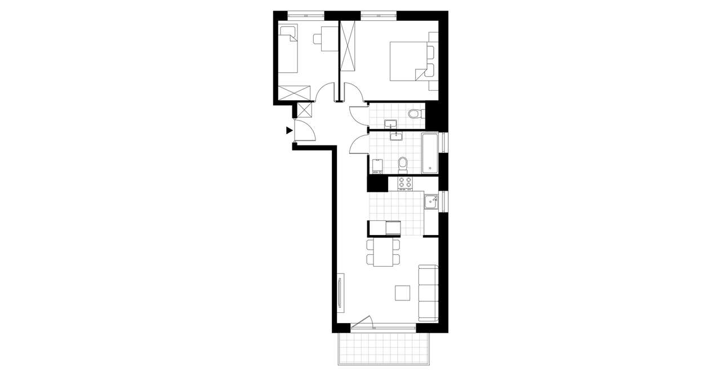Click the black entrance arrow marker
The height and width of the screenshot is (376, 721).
289,131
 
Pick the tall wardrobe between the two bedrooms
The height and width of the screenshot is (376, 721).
348,46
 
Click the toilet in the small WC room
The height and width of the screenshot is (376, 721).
415,114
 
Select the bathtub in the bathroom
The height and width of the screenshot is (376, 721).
430,153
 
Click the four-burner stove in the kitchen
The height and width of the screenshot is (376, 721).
405,183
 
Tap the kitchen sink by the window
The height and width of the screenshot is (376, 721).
431,201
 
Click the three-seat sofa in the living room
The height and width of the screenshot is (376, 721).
428,293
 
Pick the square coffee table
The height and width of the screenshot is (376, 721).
403,294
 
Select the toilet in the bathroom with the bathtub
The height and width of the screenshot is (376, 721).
402,164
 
